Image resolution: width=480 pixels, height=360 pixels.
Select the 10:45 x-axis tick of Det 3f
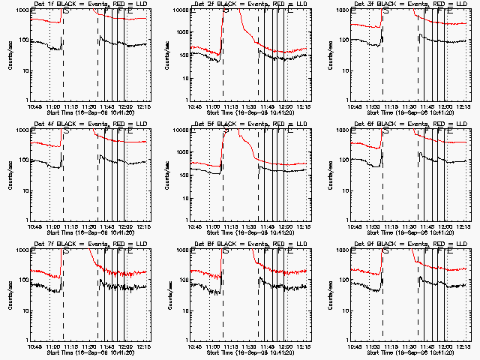[x=355, y=106]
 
